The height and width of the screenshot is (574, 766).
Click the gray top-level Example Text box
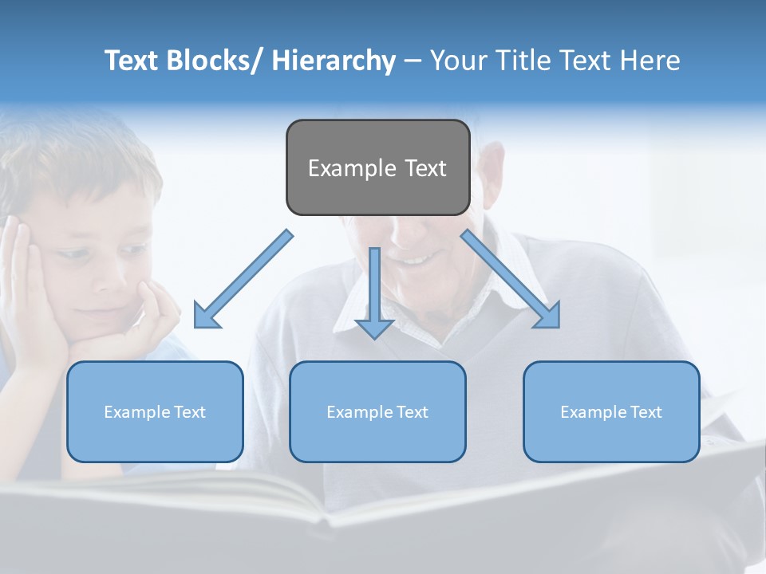[x=377, y=167]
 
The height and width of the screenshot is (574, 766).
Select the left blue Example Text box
[x=155, y=411]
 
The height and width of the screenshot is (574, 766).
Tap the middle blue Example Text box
[x=377, y=411]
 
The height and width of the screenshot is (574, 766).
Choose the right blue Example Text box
[x=611, y=411]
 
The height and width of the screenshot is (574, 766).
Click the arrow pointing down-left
[x=243, y=280]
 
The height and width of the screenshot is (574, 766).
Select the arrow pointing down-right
[x=511, y=279]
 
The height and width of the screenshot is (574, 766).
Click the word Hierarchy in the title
[x=334, y=61]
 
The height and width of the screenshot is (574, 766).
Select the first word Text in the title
[x=132, y=61]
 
